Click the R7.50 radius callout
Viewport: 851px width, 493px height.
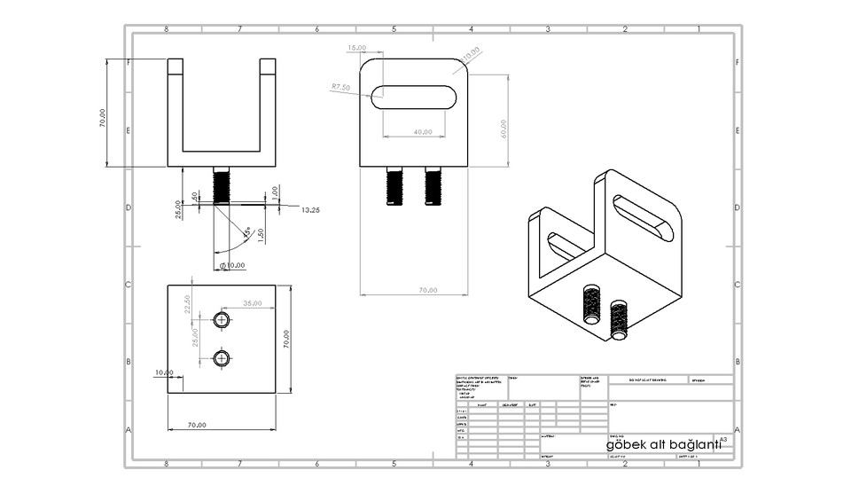pos(340,87)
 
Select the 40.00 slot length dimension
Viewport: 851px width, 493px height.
pos(423,132)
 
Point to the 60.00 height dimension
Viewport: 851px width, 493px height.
pos(504,129)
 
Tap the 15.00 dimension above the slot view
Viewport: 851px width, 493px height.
pos(356,47)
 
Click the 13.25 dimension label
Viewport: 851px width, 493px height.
pos(311,210)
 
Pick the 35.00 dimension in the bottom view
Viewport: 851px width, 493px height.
pos(253,303)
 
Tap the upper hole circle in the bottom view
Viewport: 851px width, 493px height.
pos(222,319)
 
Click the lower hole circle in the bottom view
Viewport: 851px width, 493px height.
pos(222,357)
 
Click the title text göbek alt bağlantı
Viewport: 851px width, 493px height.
pos(663,443)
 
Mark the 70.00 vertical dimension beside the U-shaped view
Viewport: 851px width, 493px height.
pos(103,118)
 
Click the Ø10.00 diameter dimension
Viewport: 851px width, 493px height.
pos(232,265)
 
